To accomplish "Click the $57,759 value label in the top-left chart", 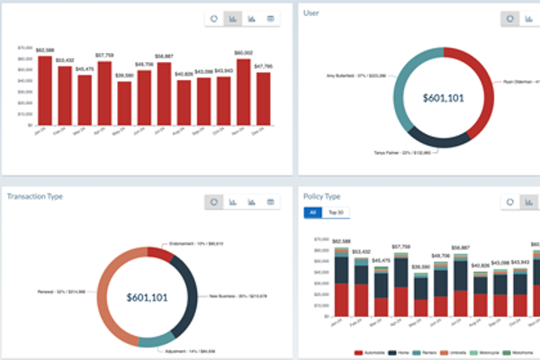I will [104, 55].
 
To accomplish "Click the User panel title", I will [311, 13].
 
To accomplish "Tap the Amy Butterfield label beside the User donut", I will [358, 76].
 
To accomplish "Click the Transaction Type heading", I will [39, 195].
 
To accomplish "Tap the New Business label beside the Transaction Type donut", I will [238, 295].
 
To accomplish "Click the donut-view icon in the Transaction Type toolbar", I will [215, 202].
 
